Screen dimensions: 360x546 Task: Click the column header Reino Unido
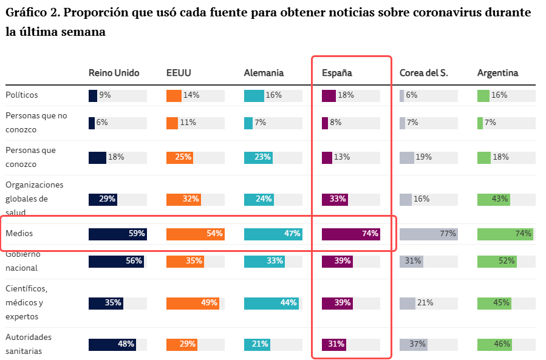(114, 73)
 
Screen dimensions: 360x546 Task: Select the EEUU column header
(179, 73)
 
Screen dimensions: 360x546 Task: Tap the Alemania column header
(264, 73)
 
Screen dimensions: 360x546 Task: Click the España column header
(336, 73)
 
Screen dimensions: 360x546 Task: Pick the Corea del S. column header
(423, 73)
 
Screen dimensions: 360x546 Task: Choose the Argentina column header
(497, 73)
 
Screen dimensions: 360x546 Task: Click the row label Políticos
(22, 95)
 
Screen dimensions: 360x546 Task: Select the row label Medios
(19, 233)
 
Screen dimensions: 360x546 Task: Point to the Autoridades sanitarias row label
(29, 344)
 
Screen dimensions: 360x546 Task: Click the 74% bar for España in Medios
(350, 234)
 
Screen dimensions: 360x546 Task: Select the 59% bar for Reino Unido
(117, 234)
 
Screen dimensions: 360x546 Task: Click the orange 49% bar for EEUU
(193, 303)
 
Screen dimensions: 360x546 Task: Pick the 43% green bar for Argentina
(493, 199)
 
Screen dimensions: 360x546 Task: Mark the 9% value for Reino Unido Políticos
(104, 95)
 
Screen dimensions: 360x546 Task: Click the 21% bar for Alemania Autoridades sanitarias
(257, 344)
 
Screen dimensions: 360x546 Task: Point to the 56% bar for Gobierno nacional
(116, 261)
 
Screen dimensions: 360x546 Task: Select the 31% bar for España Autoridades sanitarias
(333, 344)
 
